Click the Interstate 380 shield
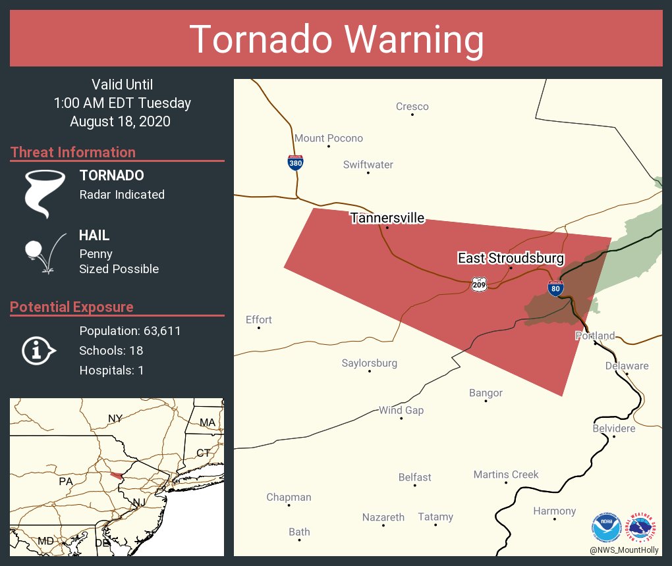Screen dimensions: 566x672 [295, 163]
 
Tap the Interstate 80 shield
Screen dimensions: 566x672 [555, 288]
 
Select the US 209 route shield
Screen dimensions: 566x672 [479, 284]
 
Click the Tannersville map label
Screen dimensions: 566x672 [387, 218]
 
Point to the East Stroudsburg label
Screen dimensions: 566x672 [511, 258]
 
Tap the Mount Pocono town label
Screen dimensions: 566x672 [328, 138]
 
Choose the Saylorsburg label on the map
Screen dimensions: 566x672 [369, 363]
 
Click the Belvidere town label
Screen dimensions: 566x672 [613, 428]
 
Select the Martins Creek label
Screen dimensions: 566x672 [506, 475]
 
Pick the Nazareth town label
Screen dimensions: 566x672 [383, 517]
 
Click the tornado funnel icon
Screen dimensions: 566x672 [44, 193]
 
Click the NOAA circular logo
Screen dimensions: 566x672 [606, 527]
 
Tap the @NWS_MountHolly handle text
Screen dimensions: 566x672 [623, 550]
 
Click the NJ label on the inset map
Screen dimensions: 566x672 [138, 502]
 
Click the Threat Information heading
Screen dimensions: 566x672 [73, 152]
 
